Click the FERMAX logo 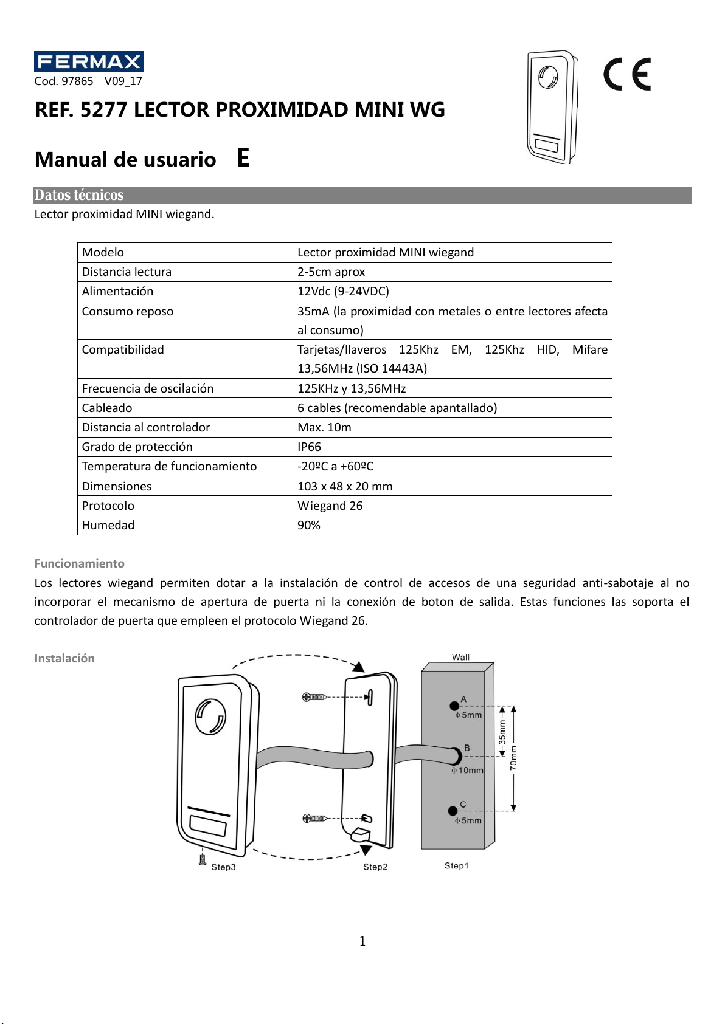[89, 62]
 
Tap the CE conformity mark [627, 74]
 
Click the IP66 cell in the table [309, 447]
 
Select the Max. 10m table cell [324, 427]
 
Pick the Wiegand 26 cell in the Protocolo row [330, 506]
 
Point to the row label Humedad [108, 525]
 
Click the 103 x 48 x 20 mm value [345, 486]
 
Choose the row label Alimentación [117, 291]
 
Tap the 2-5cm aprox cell [331, 272]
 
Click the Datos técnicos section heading [79, 195]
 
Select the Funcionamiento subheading [79, 563]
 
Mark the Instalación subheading [64, 658]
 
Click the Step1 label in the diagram [456, 865]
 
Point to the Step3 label [223, 867]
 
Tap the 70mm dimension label [514, 758]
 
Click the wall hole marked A [454, 706]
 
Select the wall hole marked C [453, 811]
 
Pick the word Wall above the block [460, 657]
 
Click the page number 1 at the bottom [362, 941]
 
